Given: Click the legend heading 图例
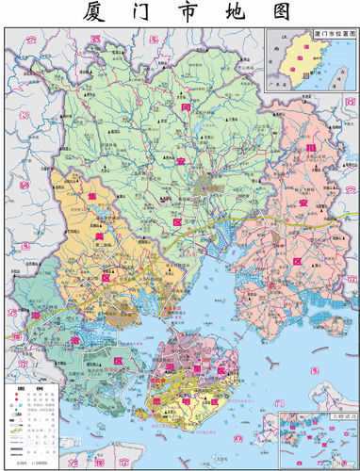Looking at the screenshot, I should tap(16, 389).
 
